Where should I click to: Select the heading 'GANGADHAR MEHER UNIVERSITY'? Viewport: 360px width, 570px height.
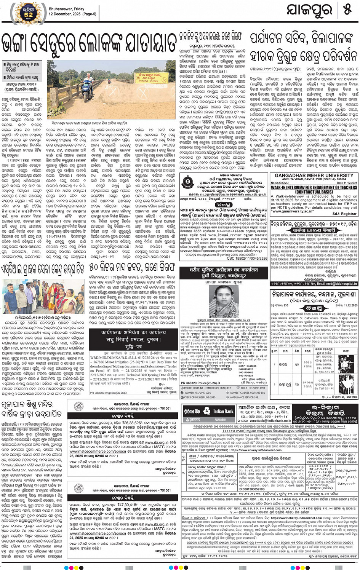coord(314,176)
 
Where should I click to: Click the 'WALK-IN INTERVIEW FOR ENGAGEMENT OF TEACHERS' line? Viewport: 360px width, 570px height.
coord(314,187)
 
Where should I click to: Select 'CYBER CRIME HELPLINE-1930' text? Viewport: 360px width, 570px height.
coord(200,397)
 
